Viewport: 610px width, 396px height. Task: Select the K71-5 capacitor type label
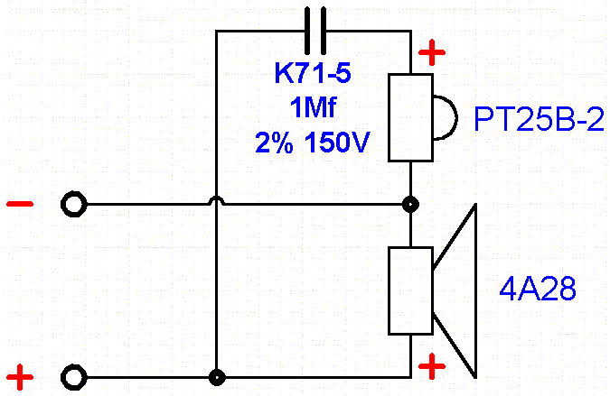(x=314, y=75)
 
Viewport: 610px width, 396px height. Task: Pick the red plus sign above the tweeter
(x=433, y=53)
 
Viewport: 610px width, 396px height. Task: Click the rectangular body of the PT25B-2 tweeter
(x=410, y=117)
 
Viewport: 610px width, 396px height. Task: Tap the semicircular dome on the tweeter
(x=442, y=117)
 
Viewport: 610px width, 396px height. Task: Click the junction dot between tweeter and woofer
(x=410, y=205)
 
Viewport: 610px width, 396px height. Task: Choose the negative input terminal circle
(x=73, y=205)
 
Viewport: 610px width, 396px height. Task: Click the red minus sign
(x=19, y=204)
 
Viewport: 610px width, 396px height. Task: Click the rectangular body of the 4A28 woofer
(x=410, y=290)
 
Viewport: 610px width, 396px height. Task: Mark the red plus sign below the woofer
(x=433, y=365)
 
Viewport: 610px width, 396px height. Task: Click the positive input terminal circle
(x=73, y=377)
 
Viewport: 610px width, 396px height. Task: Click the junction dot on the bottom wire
(x=217, y=377)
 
